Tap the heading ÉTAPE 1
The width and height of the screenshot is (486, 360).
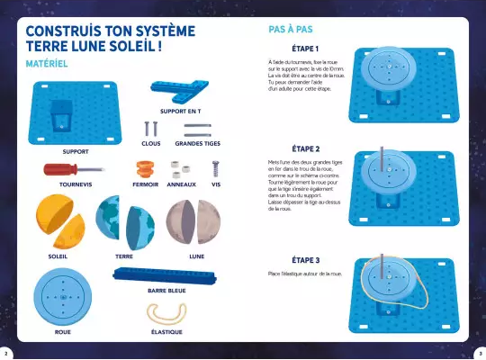[306, 48]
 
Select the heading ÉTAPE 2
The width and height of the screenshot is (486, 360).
[306, 148]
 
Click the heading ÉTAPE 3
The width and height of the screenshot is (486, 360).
[306, 259]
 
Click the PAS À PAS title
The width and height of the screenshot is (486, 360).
[291, 30]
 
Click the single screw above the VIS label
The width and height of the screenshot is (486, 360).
[216, 168]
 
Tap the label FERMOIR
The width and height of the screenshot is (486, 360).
[145, 184]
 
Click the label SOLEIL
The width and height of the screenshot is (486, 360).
[58, 256]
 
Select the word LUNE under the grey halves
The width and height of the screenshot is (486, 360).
[196, 256]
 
